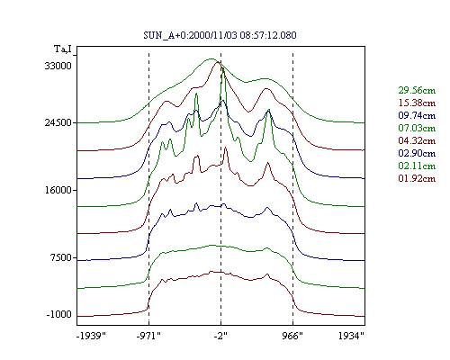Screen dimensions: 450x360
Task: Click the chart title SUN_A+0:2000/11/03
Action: click(190, 35)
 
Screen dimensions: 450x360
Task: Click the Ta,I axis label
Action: click(63, 49)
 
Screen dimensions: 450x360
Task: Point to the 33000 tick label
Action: click(58, 66)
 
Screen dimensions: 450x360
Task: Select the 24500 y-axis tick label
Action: click(58, 122)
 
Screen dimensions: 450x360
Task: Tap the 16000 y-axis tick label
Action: click(58, 190)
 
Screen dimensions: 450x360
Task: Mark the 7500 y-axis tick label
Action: click(61, 257)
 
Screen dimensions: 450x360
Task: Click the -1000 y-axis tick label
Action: click(59, 314)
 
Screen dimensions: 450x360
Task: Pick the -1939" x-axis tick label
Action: click(91, 336)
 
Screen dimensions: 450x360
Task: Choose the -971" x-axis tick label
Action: click(148, 336)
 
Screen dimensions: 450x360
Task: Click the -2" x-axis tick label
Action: click(220, 336)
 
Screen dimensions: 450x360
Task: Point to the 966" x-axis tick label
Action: click(292, 336)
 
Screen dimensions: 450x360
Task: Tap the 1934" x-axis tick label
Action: click(351, 336)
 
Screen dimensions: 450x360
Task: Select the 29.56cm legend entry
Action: click(417, 90)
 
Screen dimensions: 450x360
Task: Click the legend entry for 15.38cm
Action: click(417, 103)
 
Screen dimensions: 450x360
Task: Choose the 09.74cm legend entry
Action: click(417, 115)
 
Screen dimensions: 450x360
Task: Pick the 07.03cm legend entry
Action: click(417, 128)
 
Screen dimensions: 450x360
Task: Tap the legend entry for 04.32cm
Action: click(417, 140)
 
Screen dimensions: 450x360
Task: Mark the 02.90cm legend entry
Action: click(417, 153)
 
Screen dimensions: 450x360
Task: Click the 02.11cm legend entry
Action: click(417, 166)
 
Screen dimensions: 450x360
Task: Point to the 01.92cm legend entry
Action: click(417, 178)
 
